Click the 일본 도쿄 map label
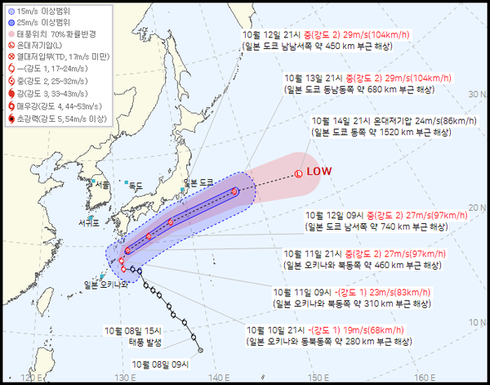tap(198, 181)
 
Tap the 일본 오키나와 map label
tap(106, 284)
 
